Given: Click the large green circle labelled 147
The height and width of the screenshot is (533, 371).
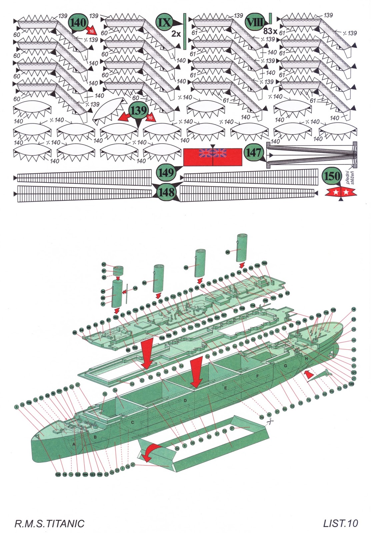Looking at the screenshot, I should tap(254, 153).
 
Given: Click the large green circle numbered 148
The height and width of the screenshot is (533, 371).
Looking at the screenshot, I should tap(166, 192).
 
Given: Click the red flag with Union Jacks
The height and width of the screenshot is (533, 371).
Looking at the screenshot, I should tap(213, 157).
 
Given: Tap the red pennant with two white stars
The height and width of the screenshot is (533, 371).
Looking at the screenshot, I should tap(341, 192).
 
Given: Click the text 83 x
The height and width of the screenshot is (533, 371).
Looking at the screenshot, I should tap(270, 31).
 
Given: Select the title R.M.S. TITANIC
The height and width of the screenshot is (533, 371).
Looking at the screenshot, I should tap(49, 523).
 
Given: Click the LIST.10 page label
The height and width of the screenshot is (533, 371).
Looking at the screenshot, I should tap(340, 523).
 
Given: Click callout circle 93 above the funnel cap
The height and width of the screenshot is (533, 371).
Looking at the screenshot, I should tap(104, 265).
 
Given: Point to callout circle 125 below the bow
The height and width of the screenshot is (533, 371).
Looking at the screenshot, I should tap(58, 475).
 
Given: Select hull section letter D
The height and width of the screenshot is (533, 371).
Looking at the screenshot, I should tap(185, 400).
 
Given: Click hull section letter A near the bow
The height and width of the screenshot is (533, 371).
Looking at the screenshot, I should tap(74, 444).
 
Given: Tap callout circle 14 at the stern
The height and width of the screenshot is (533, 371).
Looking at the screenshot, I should tap(353, 309).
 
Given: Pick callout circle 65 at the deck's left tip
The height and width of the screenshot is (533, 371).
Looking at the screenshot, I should tap(75, 332).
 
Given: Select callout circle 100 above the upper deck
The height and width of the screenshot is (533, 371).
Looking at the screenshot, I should tap(264, 263).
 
